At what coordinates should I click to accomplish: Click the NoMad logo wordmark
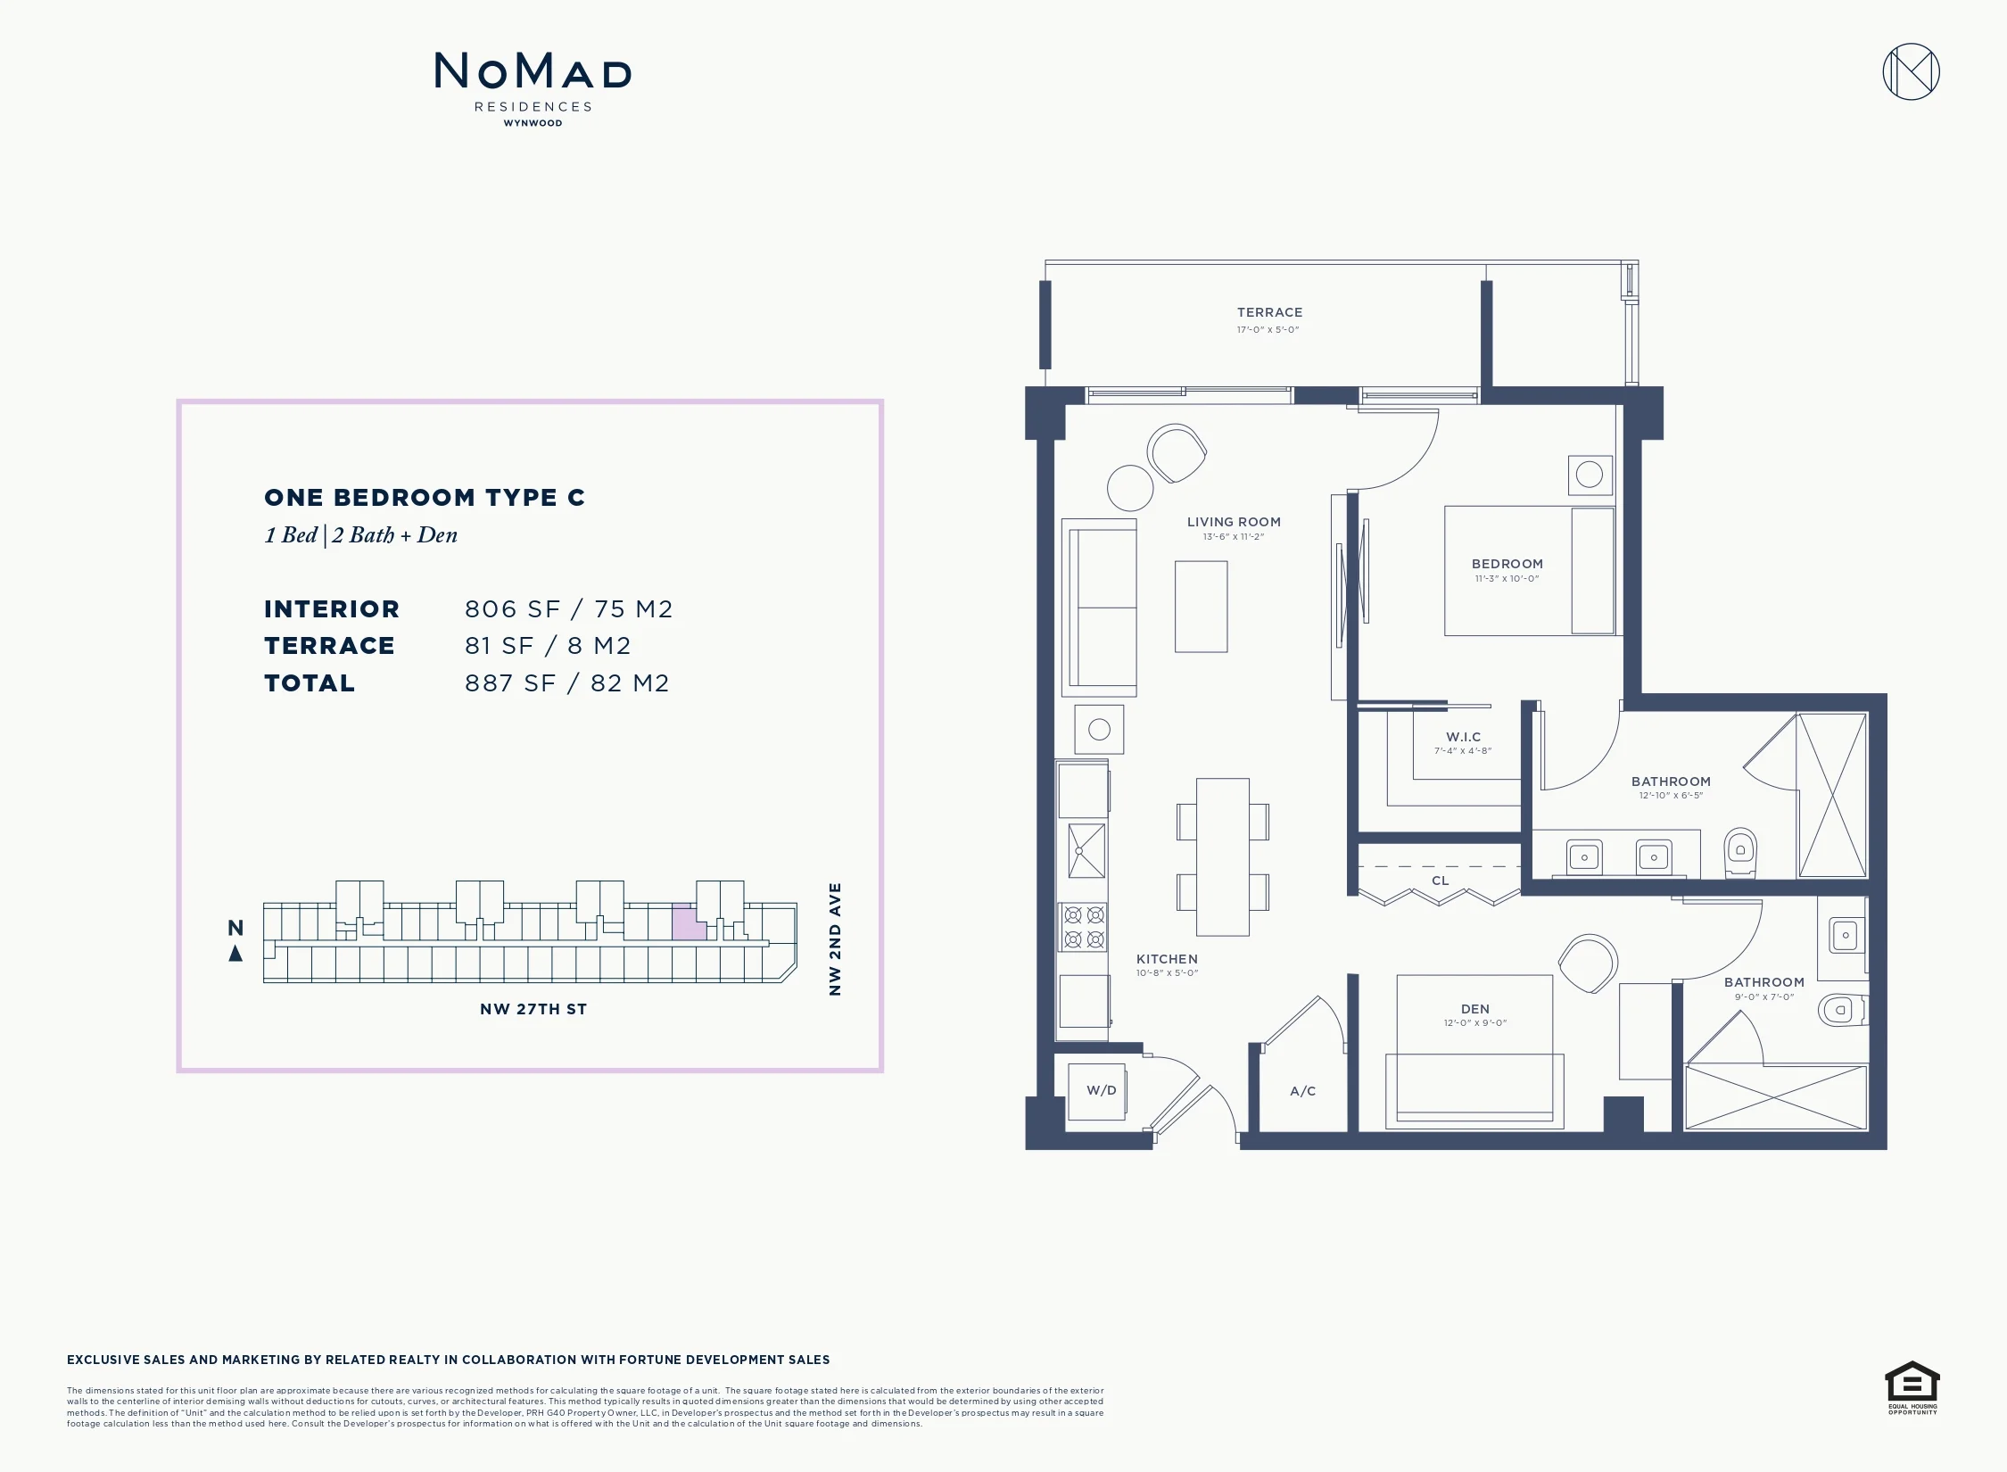(x=533, y=70)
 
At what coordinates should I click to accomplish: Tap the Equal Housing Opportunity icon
(x=1912, y=1387)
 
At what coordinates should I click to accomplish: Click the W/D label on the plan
(x=1101, y=1090)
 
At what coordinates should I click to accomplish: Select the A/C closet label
(x=1302, y=1091)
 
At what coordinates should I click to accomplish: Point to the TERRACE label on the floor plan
(x=1269, y=312)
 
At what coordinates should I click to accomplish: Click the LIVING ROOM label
(x=1234, y=522)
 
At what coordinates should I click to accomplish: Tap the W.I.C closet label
(x=1463, y=737)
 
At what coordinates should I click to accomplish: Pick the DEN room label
(x=1474, y=1009)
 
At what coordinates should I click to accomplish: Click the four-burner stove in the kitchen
(x=1084, y=926)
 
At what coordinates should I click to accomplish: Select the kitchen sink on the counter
(x=1086, y=850)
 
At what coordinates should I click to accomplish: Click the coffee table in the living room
(x=1201, y=607)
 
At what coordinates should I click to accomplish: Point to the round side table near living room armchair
(x=1130, y=488)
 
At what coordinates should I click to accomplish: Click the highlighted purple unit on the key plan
(x=688, y=922)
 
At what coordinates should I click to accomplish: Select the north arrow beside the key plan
(x=235, y=954)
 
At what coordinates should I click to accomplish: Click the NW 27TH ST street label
(x=533, y=1009)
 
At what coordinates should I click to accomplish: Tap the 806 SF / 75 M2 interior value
(x=569, y=609)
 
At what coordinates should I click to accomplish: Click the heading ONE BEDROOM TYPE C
(x=425, y=498)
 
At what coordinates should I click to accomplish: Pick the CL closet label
(x=1440, y=881)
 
